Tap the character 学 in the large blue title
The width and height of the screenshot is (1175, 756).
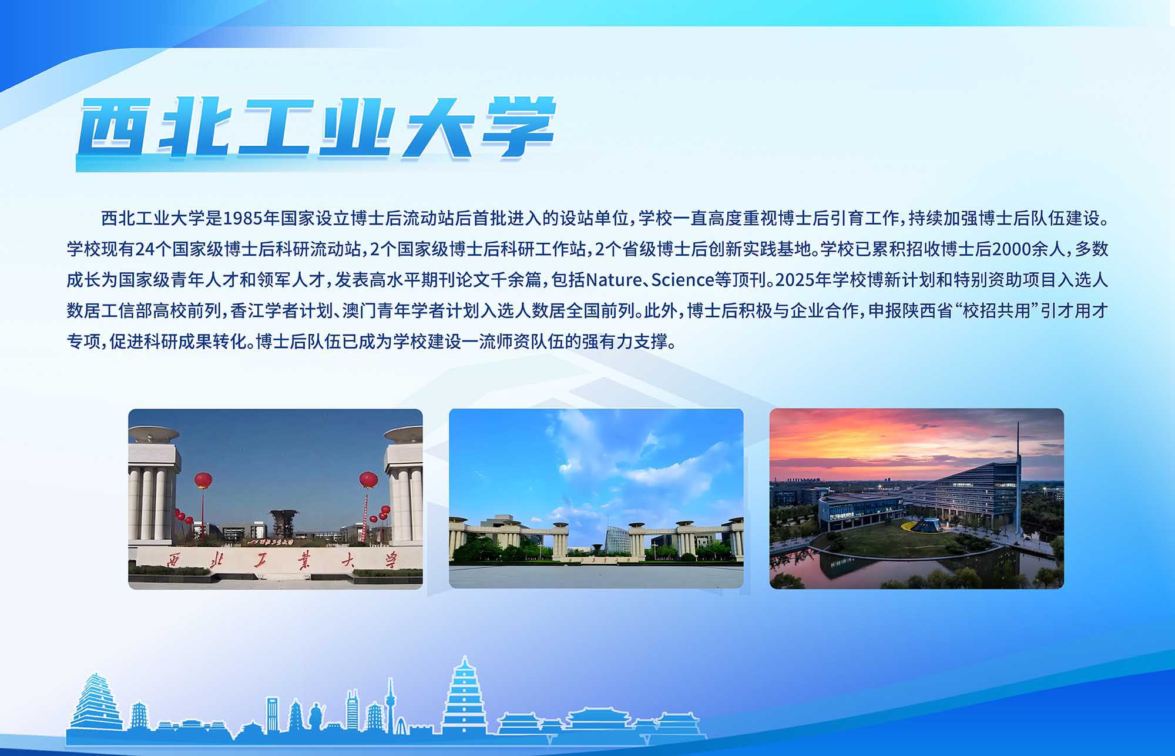point(517,128)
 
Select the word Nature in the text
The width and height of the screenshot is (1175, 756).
point(614,280)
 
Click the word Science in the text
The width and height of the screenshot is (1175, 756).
point(683,280)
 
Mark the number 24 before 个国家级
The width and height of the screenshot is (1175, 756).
point(145,249)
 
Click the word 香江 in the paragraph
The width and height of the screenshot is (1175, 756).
point(247,310)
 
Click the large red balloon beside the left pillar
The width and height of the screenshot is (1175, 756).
point(203,480)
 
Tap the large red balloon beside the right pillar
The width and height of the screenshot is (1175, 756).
point(368,479)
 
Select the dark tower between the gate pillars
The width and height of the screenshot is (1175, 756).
point(284,525)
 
